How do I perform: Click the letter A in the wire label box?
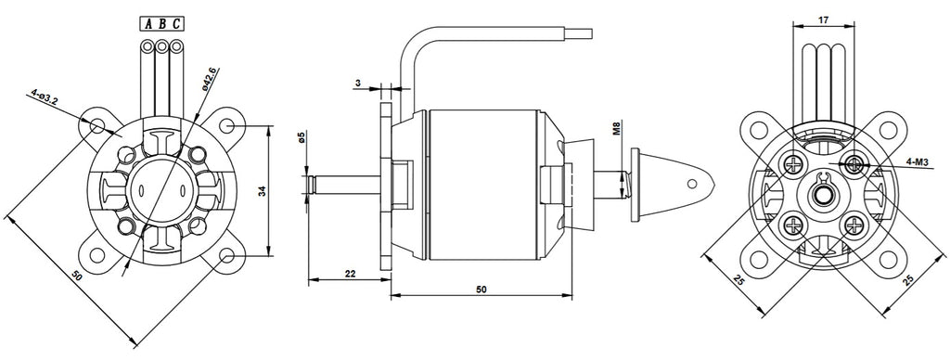[148, 23]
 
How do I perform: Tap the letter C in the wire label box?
[176, 23]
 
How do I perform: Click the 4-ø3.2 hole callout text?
[45, 97]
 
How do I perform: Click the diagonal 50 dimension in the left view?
[76, 276]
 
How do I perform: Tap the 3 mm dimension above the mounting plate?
[358, 84]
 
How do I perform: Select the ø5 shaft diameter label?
[302, 137]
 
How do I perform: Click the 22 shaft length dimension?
[350, 274]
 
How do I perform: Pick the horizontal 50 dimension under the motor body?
[481, 289]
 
